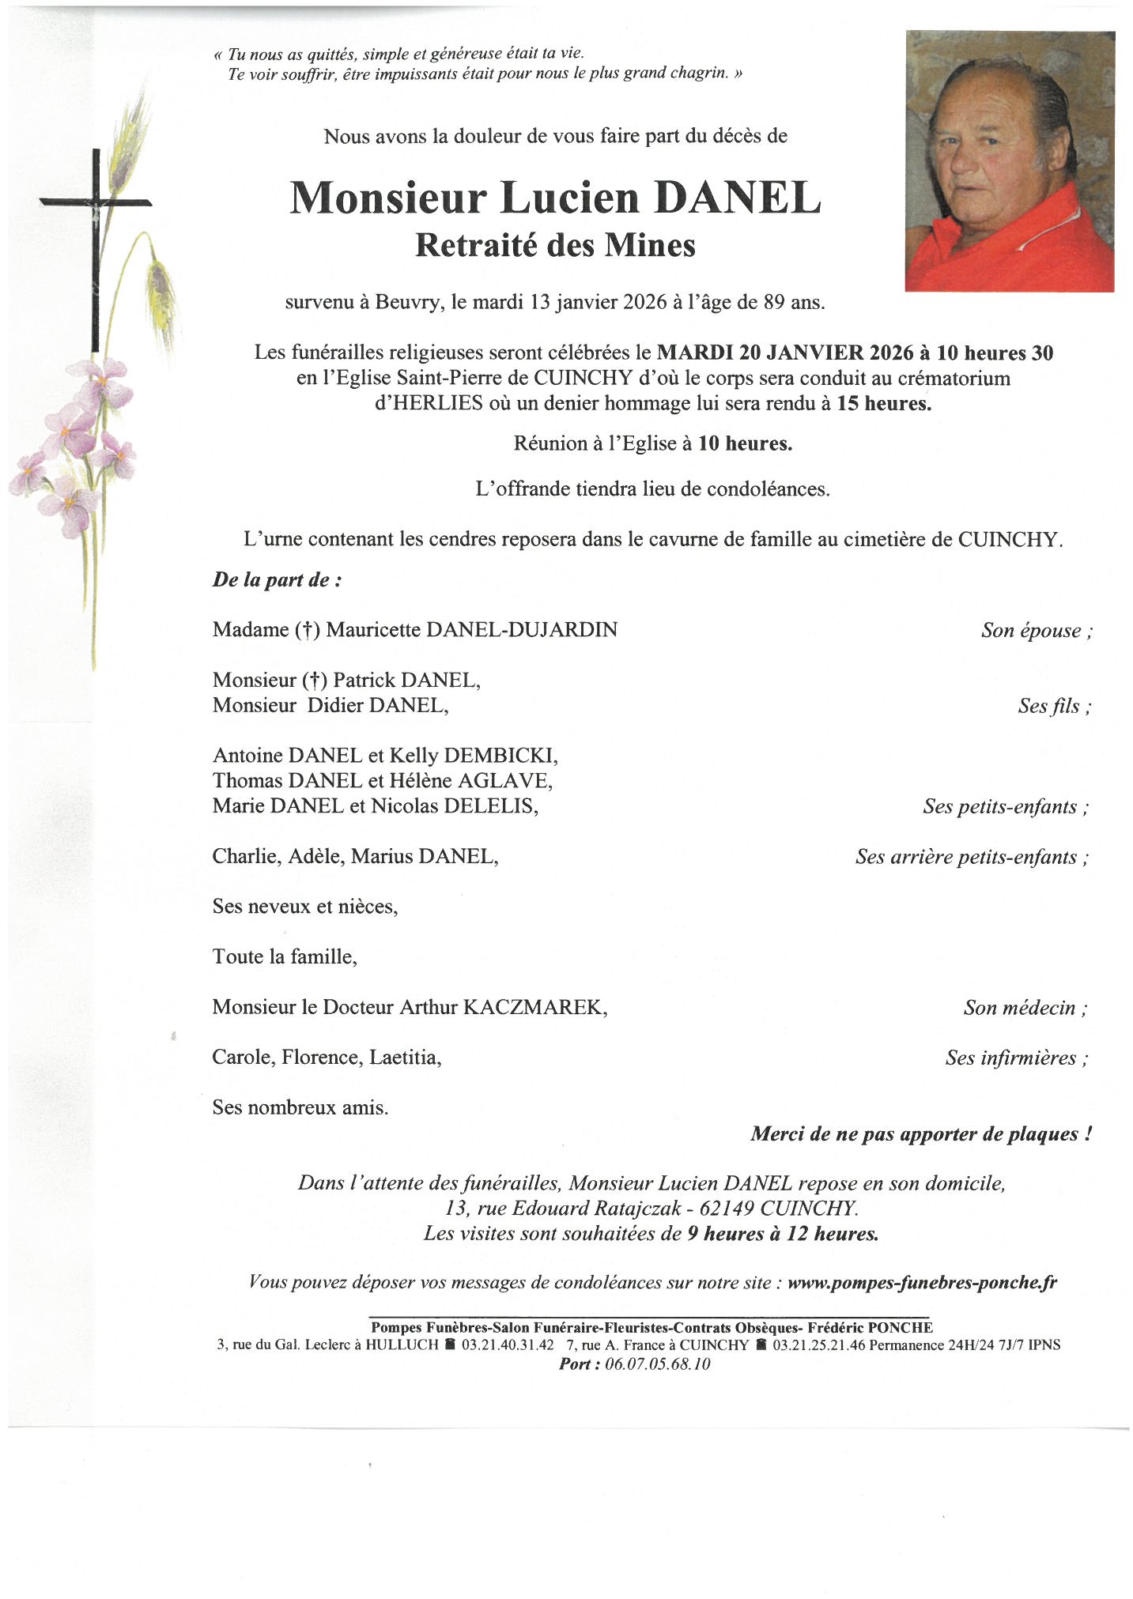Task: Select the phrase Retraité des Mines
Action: [555, 246]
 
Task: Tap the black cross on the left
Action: [96, 237]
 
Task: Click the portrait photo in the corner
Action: [1009, 161]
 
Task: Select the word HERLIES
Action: [438, 403]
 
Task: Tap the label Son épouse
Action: [1036, 631]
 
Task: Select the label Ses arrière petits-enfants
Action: [972, 857]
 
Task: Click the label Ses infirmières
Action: [1016, 1058]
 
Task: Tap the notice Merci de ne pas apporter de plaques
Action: [921, 1134]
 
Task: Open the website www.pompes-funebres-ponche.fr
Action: [922, 1283]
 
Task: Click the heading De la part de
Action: [277, 580]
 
